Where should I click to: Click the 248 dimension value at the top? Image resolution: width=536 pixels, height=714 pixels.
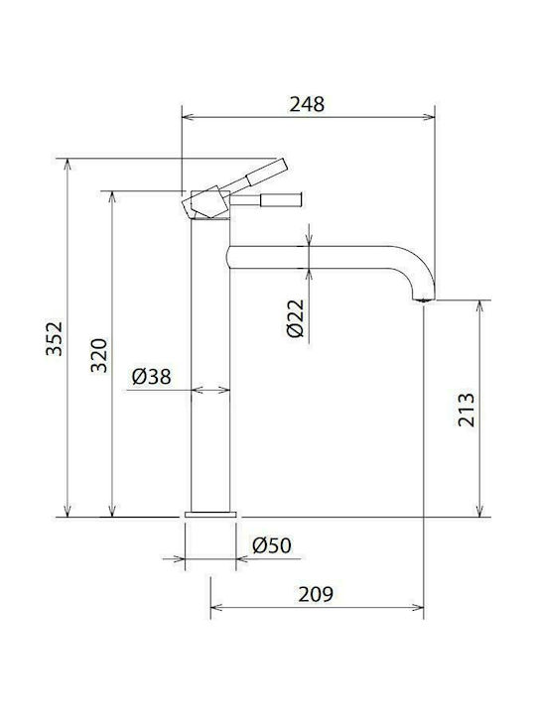point(307,104)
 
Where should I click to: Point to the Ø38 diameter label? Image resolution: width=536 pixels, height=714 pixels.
point(152,376)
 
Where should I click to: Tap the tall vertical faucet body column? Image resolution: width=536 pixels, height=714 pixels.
point(210,377)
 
